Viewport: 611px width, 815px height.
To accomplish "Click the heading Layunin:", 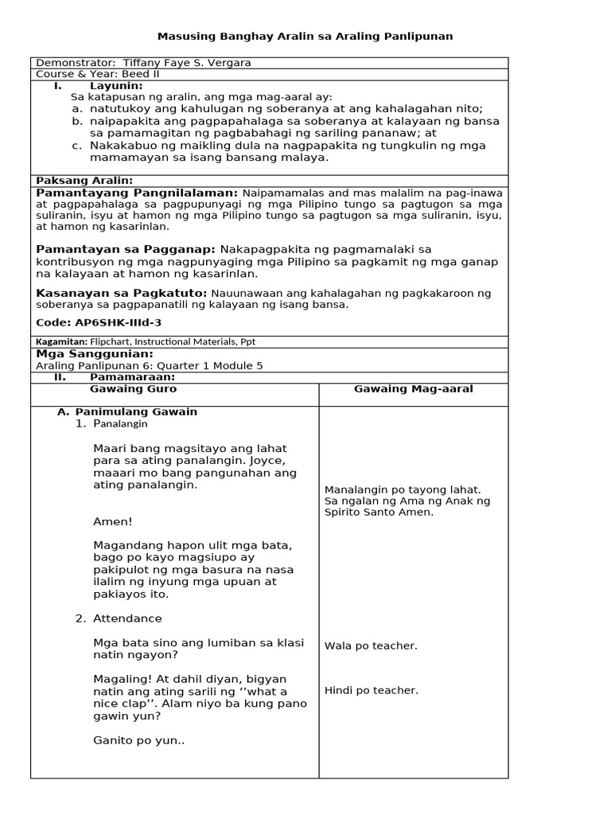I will click(116, 85).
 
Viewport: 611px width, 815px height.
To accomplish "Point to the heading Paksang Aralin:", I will click(84, 181).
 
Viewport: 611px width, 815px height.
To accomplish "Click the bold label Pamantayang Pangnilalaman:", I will click(137, 193).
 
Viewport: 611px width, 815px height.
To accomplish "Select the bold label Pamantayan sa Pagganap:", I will click(126, 249).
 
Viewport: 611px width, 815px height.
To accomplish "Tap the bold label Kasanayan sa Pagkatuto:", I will click(122, 293).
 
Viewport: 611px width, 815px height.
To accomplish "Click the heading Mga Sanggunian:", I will click(95, 353).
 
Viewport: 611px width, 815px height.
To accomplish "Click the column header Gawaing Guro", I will click(133, 389).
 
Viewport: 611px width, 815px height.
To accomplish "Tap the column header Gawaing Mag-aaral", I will click(413, 389).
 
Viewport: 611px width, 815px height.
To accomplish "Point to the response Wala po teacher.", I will click(371, 645).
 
